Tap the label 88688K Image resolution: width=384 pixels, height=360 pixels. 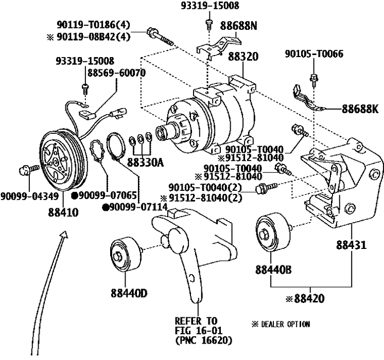coord(360,109)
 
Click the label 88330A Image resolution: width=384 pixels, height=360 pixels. coord(145,163)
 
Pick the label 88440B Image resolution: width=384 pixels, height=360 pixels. coord(273,268)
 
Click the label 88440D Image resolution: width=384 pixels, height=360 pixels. coord(129,294)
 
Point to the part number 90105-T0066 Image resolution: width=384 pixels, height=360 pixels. coord(315,55)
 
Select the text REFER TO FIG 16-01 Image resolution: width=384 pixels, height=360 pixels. coord(196,325)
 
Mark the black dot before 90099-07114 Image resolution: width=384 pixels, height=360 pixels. coord(106,207)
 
